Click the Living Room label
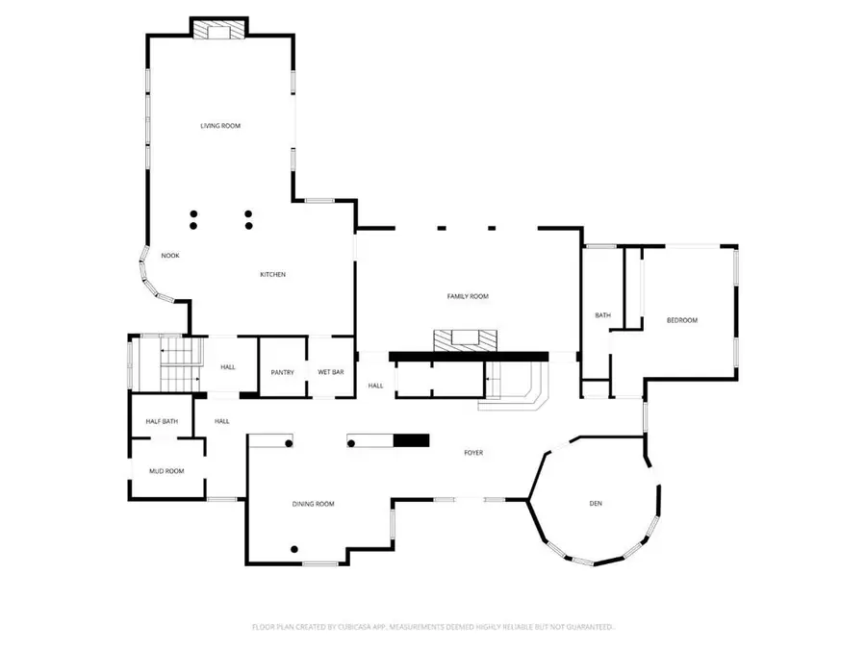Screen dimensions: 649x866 219,126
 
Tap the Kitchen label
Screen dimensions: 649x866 272,275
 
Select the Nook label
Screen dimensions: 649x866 170,255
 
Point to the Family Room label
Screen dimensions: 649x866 468,296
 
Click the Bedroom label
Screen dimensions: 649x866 681,320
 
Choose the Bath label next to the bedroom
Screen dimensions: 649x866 602,315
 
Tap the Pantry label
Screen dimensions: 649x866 282,372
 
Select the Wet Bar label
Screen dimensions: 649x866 331,372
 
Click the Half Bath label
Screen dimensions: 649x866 161,421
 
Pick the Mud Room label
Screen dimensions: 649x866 166,471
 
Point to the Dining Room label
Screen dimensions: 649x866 313,504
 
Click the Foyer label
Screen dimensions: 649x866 472,453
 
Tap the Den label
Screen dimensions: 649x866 596,504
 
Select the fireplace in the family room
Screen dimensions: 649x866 467,339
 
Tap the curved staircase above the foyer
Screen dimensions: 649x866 516,387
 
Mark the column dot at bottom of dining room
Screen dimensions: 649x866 294,549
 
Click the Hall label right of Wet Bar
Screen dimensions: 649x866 374,386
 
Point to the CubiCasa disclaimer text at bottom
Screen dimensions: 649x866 433,627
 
